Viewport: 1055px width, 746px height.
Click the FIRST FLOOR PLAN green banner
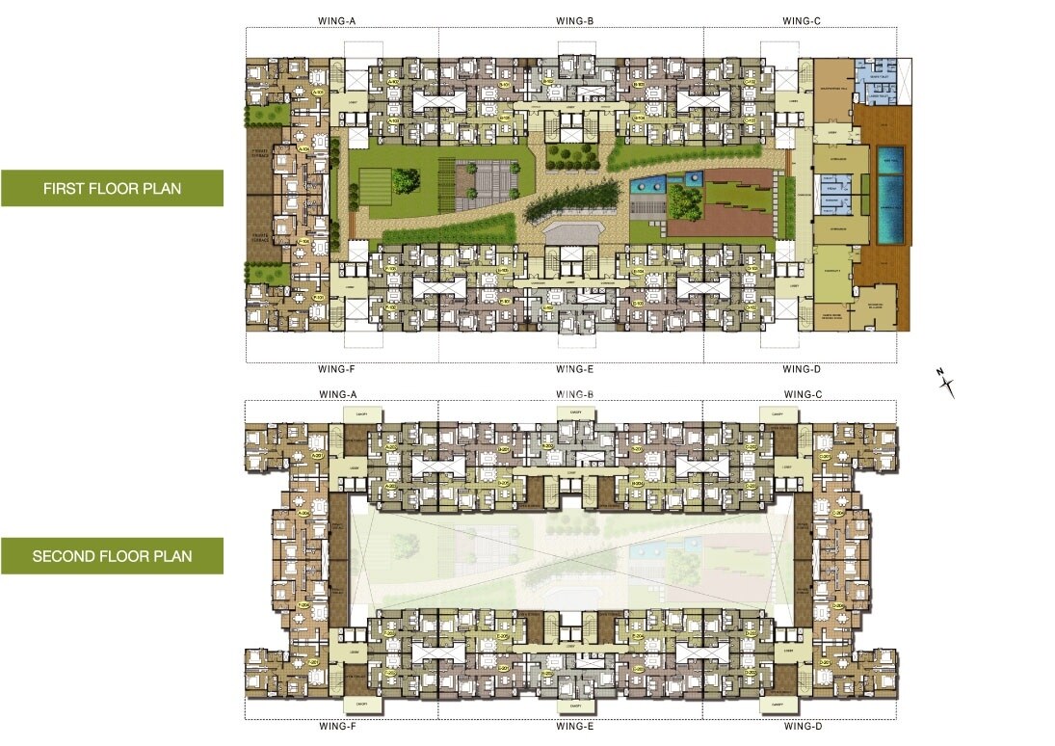[x=112, y=188]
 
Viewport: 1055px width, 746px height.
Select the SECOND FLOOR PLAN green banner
[x=112, y=556]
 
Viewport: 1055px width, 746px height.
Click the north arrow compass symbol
[x=947, y=384]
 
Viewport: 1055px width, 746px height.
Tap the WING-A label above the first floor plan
[x=337, y=20]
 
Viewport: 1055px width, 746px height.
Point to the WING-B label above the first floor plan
[x=573, y=20]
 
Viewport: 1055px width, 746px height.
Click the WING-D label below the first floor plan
[x=801, y=369]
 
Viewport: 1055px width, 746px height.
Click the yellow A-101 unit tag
[x=318, y=93]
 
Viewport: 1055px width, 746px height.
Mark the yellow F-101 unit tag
[x=318, y=298]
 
